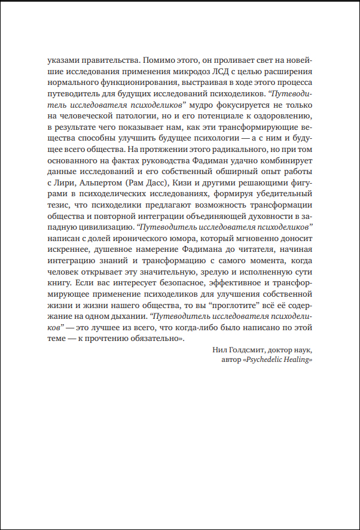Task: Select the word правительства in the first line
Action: (109, 60)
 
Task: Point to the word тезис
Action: (57, 209)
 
